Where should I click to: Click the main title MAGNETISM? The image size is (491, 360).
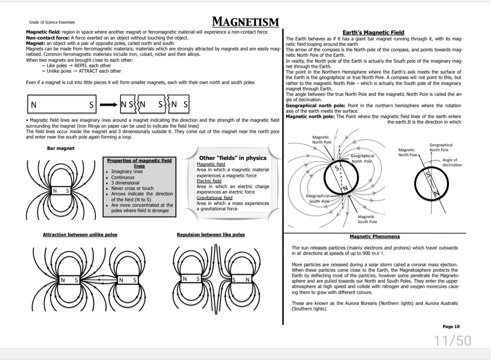245,21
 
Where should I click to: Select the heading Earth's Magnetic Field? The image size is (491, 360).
373,32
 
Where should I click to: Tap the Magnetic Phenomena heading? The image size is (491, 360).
375,236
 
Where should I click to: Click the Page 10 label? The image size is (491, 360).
451,326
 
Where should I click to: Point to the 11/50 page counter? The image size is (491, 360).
452,340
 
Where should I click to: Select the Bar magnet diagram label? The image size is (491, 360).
60,148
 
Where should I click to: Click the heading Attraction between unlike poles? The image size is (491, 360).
80,235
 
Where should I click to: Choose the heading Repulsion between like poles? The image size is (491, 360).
210,235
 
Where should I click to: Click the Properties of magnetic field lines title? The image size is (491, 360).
139,163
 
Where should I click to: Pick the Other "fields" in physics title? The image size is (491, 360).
233,158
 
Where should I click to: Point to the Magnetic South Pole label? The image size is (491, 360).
366,219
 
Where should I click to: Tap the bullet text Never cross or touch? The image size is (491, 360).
133,188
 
